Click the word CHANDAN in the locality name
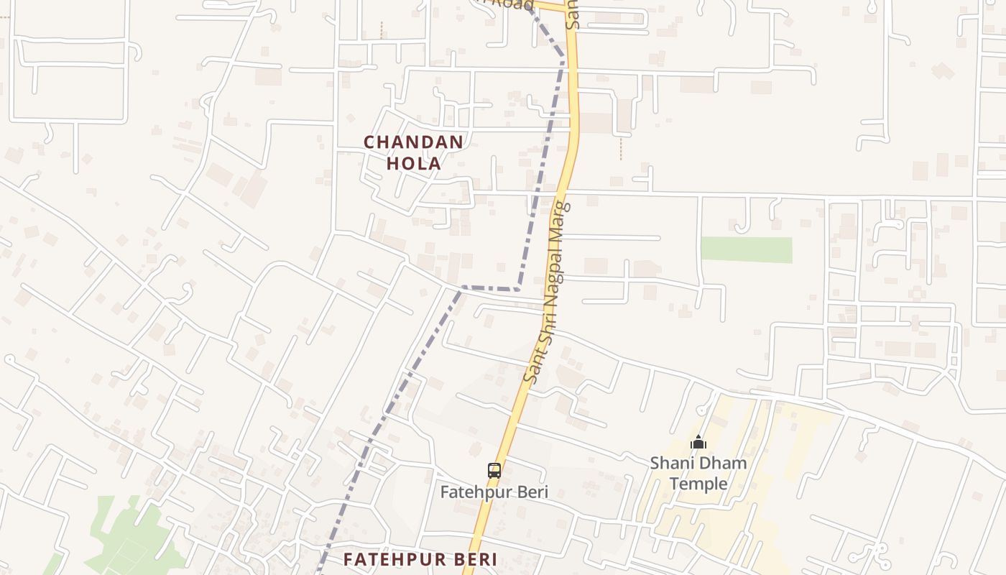[413, 142]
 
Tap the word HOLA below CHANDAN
[413, 164]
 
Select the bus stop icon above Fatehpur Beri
[494, 471]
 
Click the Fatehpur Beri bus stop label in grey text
[494, 492]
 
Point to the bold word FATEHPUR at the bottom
[392, 559]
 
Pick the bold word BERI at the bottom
[473, 559]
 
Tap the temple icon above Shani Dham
[698, 442]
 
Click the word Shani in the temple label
[671, 464]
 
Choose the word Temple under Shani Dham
[698, 484]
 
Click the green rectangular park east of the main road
[746, 249]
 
